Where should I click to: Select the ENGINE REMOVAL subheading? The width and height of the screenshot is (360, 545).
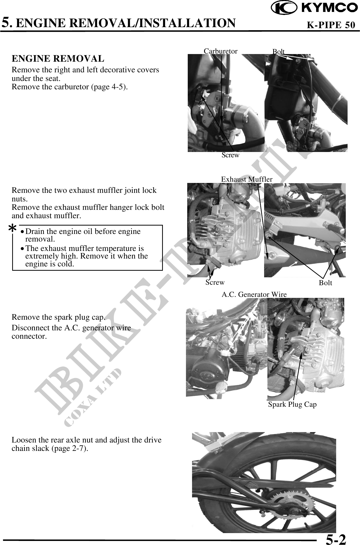(x=58, y=59)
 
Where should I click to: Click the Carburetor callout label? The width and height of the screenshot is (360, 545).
(x=220, y=51)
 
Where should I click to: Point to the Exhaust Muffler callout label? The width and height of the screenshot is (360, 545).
(x=247, y=179)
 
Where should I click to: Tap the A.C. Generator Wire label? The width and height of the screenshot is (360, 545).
(x=254, y=294)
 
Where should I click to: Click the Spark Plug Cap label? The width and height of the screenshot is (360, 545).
(x=292, y=404)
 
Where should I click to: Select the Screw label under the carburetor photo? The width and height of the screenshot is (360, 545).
(x=230, y=155)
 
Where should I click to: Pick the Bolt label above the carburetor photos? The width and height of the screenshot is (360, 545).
(x=278, y=52)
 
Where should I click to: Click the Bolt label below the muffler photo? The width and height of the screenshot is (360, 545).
(x=325, y=283)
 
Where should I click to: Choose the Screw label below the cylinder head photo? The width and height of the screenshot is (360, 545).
(x=215, y=282)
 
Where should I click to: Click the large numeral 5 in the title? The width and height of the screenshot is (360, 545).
(x=7, y=22)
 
